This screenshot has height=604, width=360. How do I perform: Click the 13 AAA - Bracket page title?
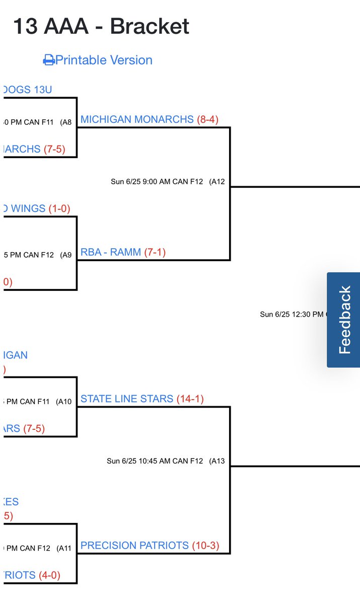[101, 26]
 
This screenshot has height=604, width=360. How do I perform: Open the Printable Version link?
[104, 60]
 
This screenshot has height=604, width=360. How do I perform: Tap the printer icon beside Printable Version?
[49, 60]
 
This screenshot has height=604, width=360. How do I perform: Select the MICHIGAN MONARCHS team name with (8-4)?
[137, 119]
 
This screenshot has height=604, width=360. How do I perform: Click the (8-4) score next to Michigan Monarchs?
[207, 119]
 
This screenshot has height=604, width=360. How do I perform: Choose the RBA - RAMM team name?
[111, 252]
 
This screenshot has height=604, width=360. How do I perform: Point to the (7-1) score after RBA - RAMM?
[155, 252]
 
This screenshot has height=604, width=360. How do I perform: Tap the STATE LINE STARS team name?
[126, 399]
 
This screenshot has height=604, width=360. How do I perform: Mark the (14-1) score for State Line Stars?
[190, 399]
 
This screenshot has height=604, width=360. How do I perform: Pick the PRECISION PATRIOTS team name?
[134, 546]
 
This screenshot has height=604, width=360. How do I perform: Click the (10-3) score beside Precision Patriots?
[205, 546]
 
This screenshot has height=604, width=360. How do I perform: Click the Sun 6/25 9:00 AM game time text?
[157, 182]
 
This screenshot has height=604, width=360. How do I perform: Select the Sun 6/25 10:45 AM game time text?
[155, 461]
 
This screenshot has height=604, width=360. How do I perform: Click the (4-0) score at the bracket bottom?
[52, 575]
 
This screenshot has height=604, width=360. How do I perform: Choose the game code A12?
[218, 182]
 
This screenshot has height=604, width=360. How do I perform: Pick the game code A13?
[218, 461]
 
